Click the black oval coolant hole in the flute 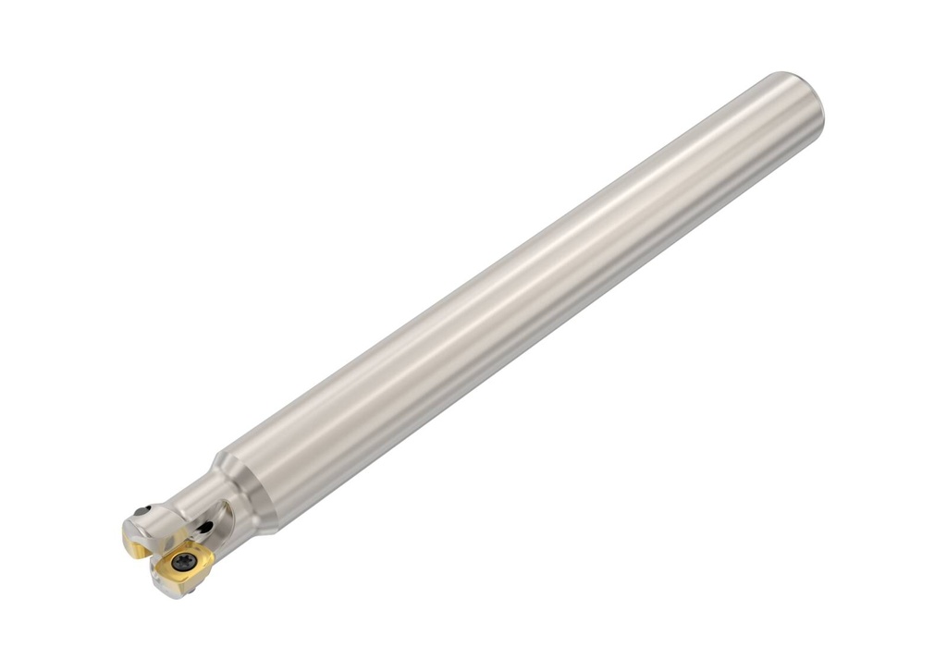(205, 527)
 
